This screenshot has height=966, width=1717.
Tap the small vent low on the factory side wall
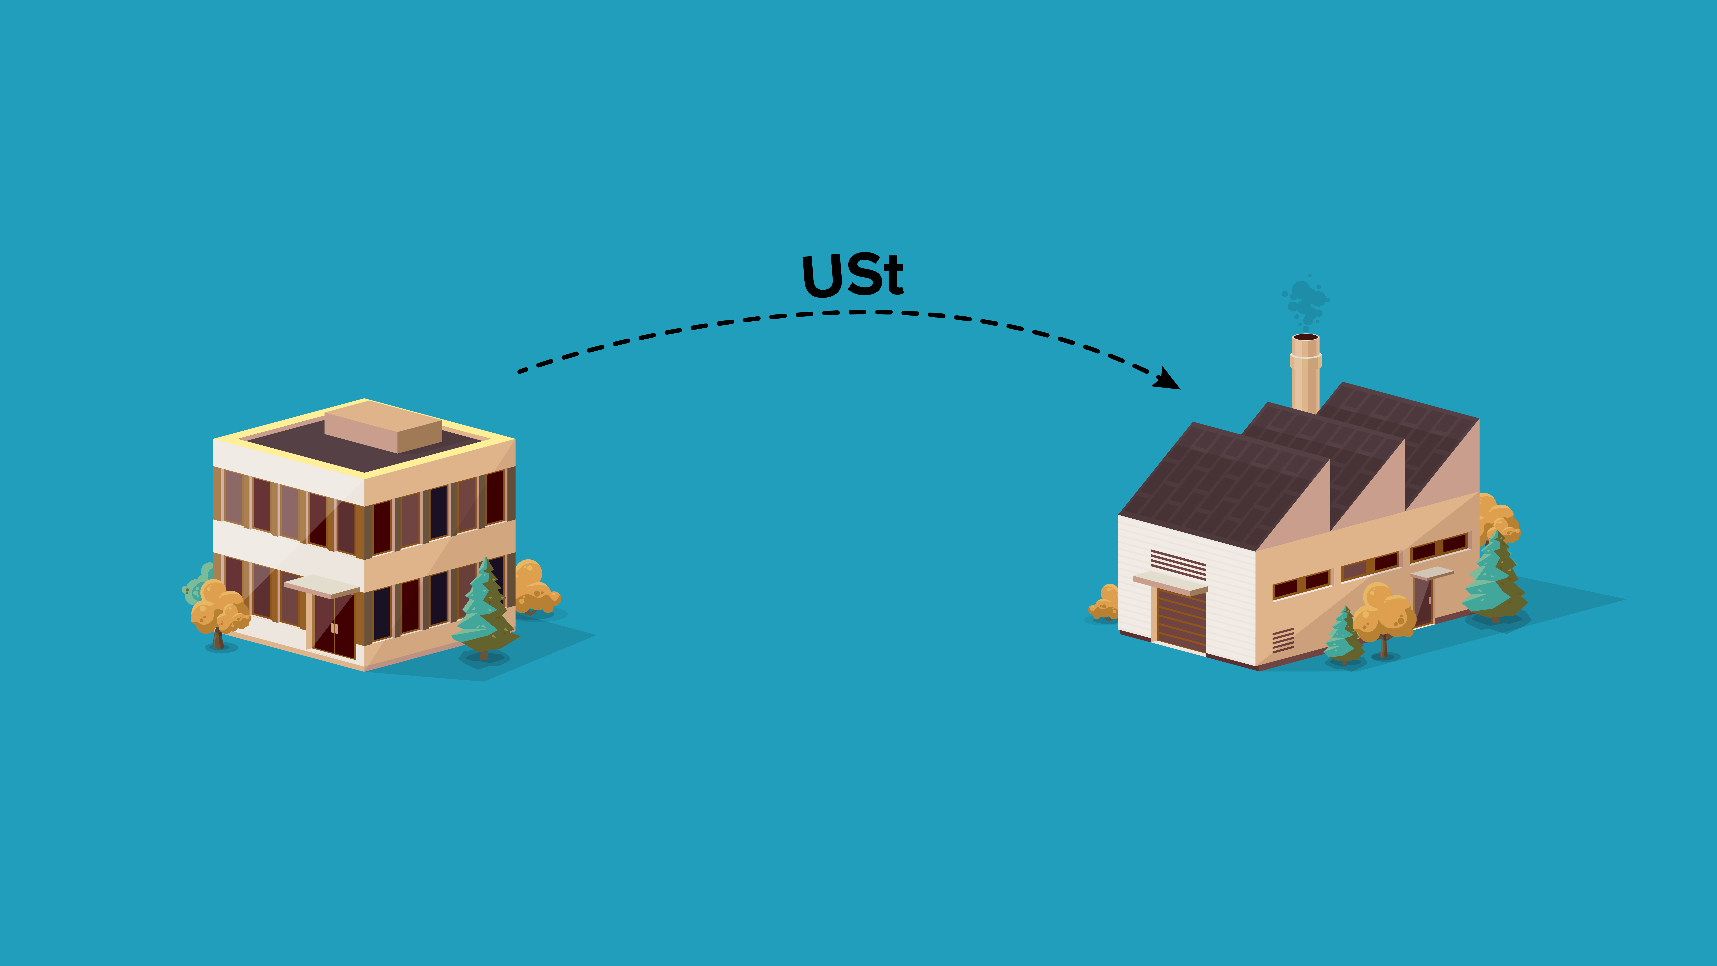point(1282,640)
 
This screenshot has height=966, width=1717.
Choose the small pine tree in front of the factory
point(1344,637)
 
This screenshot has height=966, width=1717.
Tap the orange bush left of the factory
point(1104,603)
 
